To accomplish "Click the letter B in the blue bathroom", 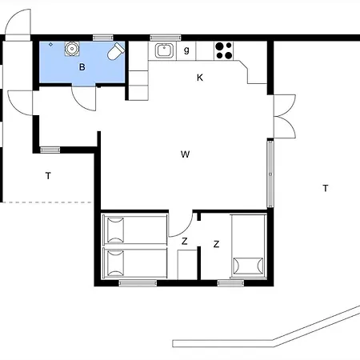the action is click(82, 67).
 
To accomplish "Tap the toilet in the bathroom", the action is click(116, 51).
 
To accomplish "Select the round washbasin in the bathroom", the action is click(72, 49).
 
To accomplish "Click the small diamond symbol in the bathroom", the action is click(50, 45).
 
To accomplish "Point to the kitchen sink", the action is click(164, 50).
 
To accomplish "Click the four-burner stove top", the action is click(224, 50).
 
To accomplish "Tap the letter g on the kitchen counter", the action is click(186, 50).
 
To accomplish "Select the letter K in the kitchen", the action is click(200, 78).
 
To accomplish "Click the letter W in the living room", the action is click(185, 154).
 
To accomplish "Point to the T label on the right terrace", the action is click(326, 188).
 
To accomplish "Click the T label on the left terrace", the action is click(48, 176).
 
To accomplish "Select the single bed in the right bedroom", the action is click(249, 246).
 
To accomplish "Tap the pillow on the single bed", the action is click(248, 266).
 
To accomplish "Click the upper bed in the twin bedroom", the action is click(135, 230).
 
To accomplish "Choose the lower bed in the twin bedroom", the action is click(135, 263).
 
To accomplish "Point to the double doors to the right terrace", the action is click(285, 116).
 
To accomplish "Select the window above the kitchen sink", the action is click(166, 38).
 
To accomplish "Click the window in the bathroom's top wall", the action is click(103, 38).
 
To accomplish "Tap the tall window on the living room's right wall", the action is click(270, 174).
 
